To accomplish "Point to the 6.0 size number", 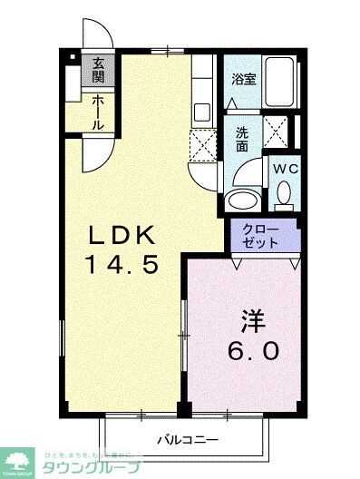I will [x=253, y=350].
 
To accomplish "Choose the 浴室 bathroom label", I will [x=244, y=78].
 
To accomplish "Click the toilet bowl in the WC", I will [x=284, y=193].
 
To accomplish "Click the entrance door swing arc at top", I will [x=102, y=34].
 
